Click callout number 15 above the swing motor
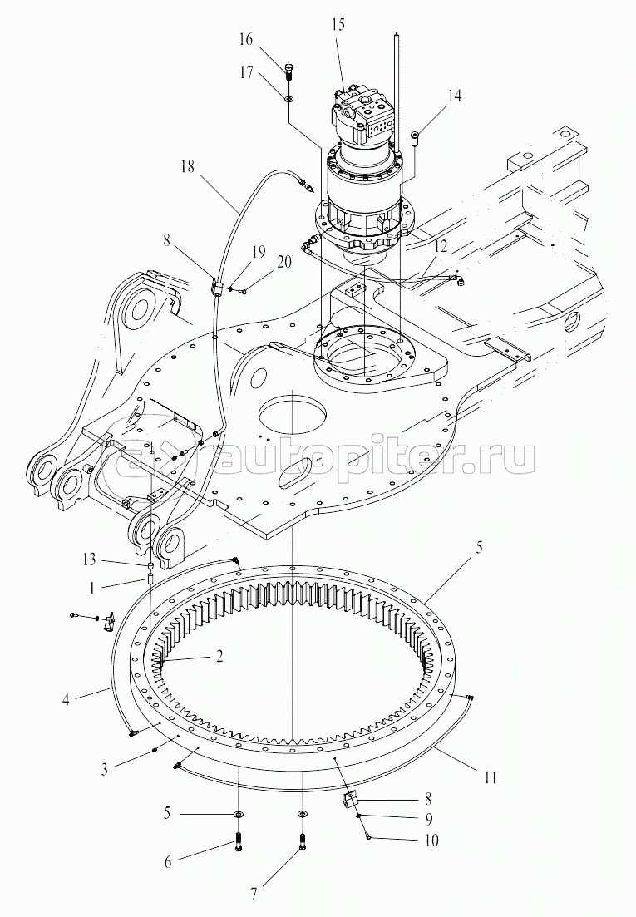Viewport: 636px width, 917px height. tap(338, 25)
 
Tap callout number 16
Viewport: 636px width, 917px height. tap(245, 40)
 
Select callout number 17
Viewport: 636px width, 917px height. tap(246, 72)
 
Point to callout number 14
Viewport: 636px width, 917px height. tap(454, 95)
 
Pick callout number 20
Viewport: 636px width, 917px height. tap(283, 262)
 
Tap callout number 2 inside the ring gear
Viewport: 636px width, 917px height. tap(219, 656)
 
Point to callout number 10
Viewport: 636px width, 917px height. tap(431, 841)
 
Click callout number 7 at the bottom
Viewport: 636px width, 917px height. tap(253, 895)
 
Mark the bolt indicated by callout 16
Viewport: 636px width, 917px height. tap(288, 70)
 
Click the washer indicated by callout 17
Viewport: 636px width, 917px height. tap(288, 98)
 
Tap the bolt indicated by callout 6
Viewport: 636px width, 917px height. tap(239, 841)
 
